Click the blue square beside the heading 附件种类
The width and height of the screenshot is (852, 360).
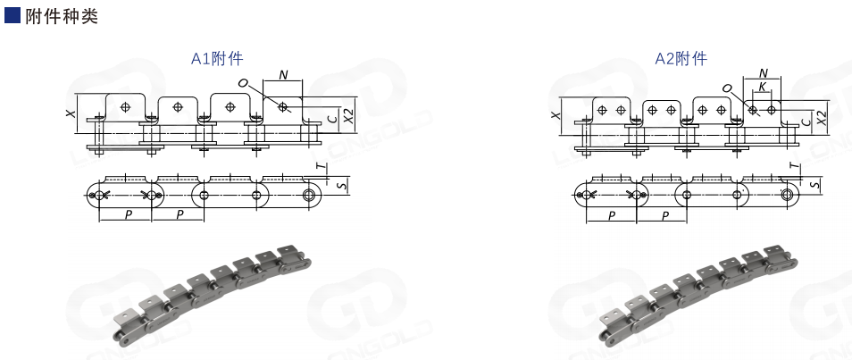pyautogui.click(x=13, y=15)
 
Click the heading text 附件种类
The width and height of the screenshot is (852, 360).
pyautogui.click(x=62, y=16)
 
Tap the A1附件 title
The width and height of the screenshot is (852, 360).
pyautogui.click(x=217, y=59)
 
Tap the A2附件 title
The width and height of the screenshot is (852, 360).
pyautogui.click(x=681, y=58)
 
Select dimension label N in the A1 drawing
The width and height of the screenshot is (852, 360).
pyautogui.click(x=283, y=75)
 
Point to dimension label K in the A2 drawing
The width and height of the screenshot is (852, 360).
pyautogui.click(x=763, y=87)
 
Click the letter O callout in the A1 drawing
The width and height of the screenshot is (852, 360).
pyautogui.click(x=242, y=83)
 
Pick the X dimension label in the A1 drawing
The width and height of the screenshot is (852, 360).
pyautogui.click(x=70, y=113)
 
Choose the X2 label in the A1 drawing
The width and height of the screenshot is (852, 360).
pyautogui.click(x=349, y=116)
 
